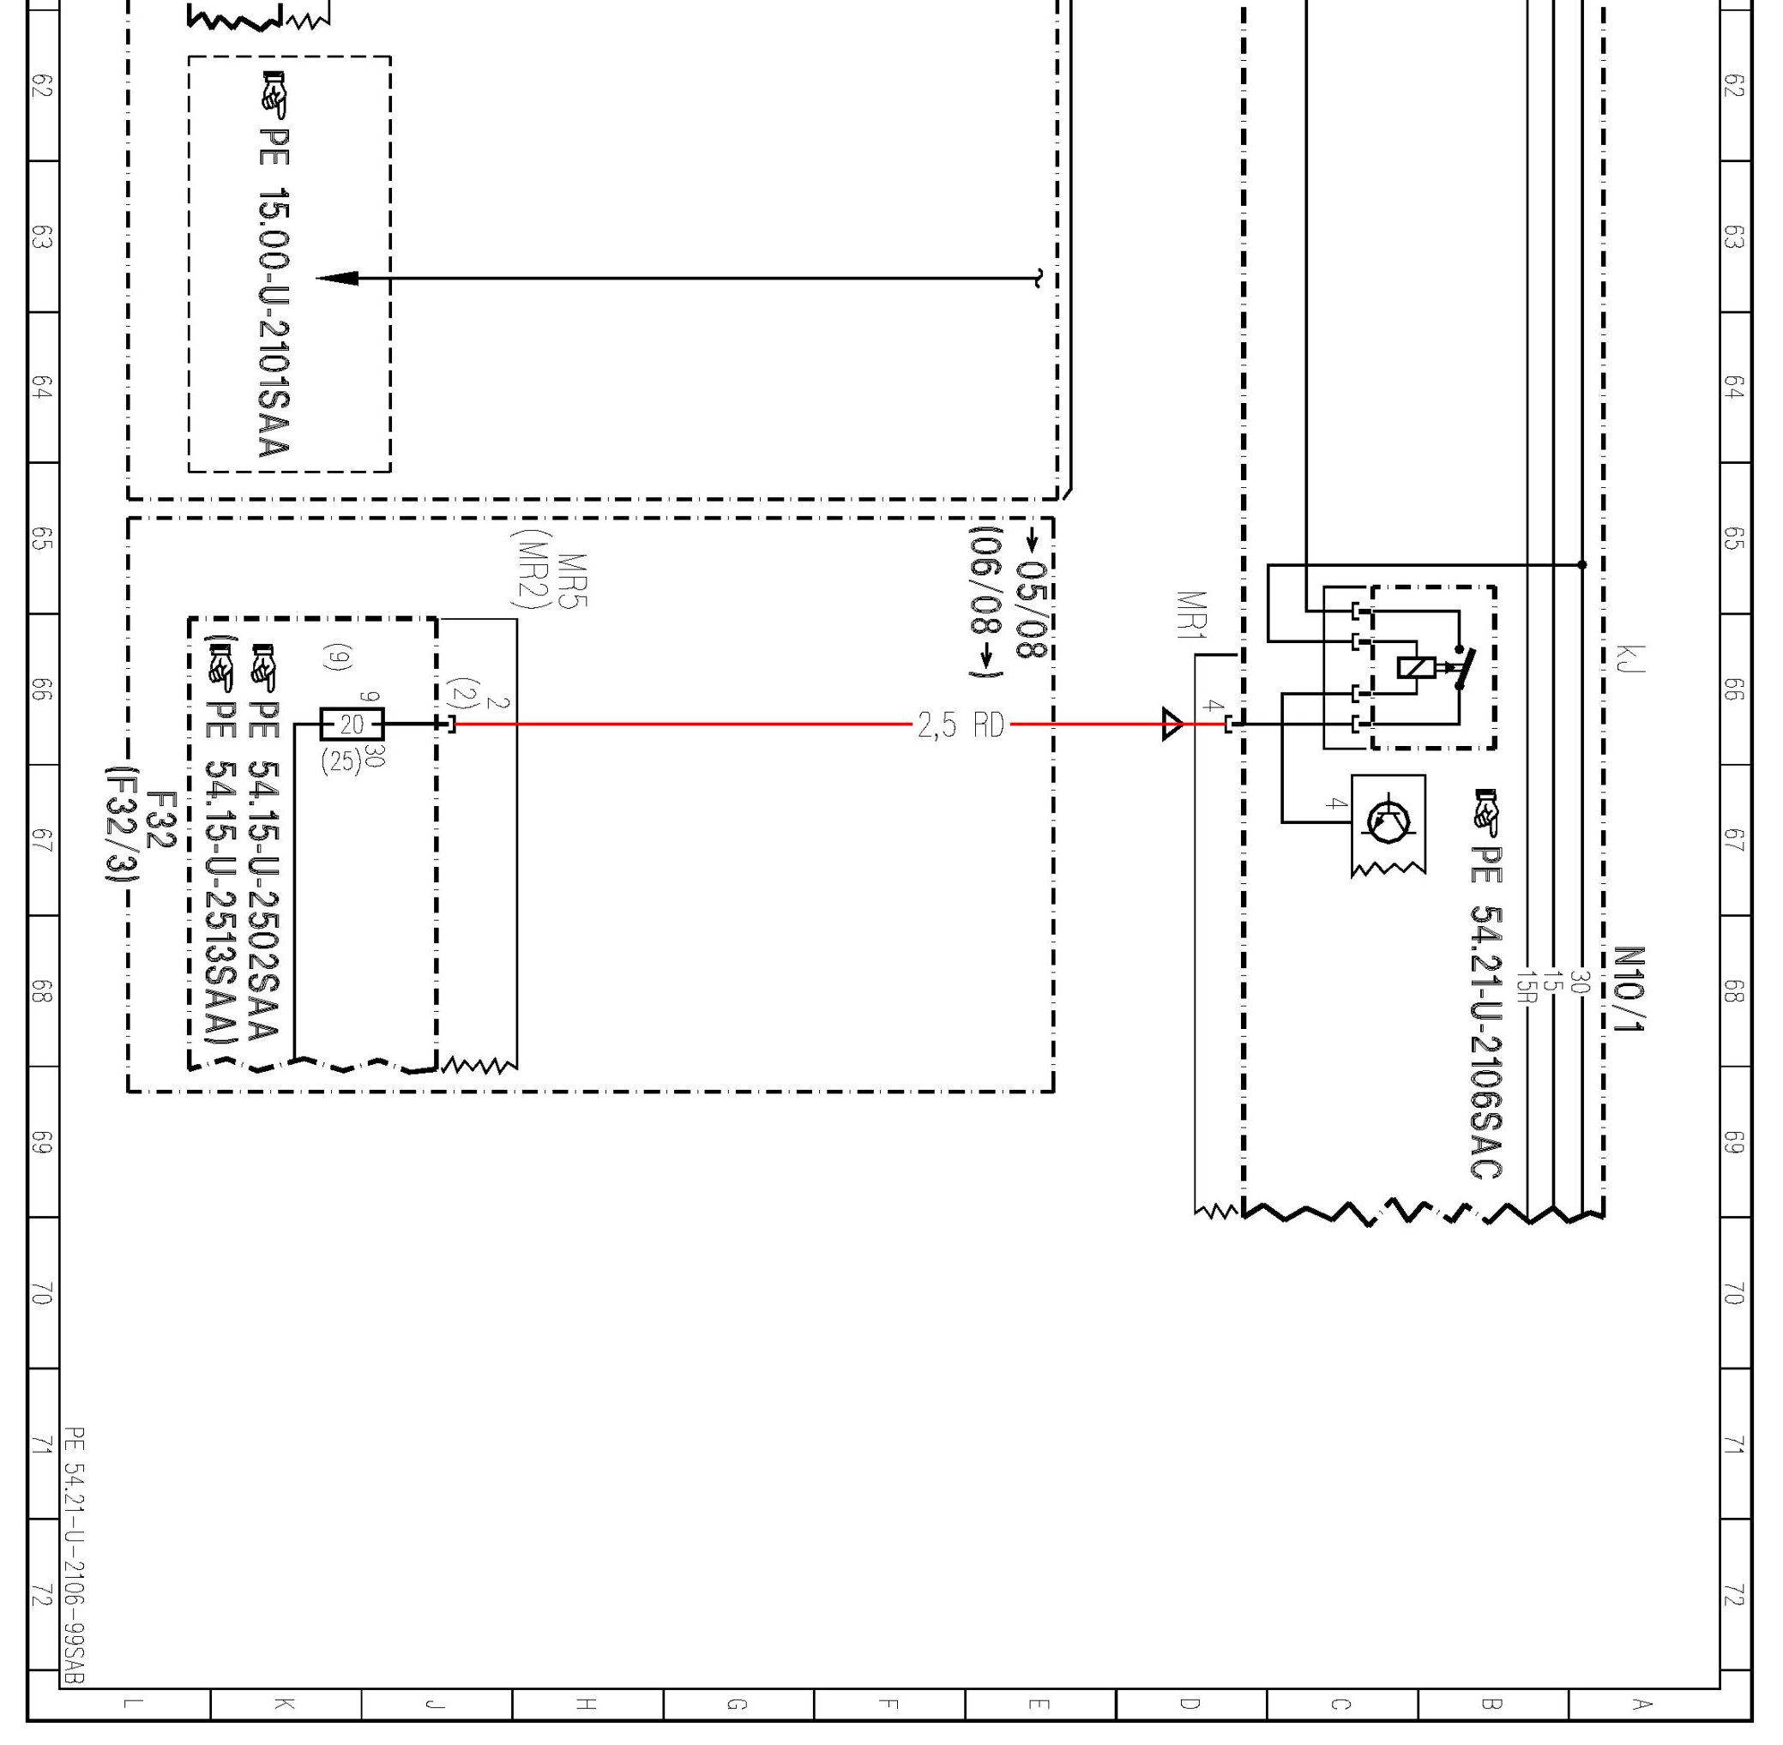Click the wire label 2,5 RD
tap(961, 725)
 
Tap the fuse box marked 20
tap(352, 725)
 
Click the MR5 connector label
tap(573, 581)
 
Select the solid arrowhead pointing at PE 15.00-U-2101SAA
tap(336, 278)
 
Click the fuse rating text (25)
tap(341, 761)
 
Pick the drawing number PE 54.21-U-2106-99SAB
tap(75, 1555)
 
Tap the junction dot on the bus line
tap(1581, 564)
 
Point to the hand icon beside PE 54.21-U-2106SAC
tap(1486, 812)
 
